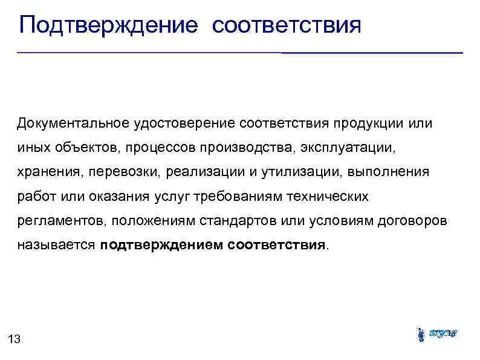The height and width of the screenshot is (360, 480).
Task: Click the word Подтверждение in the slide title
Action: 109,26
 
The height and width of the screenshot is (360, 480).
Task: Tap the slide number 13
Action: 15,339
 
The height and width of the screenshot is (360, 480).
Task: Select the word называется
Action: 57,246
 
